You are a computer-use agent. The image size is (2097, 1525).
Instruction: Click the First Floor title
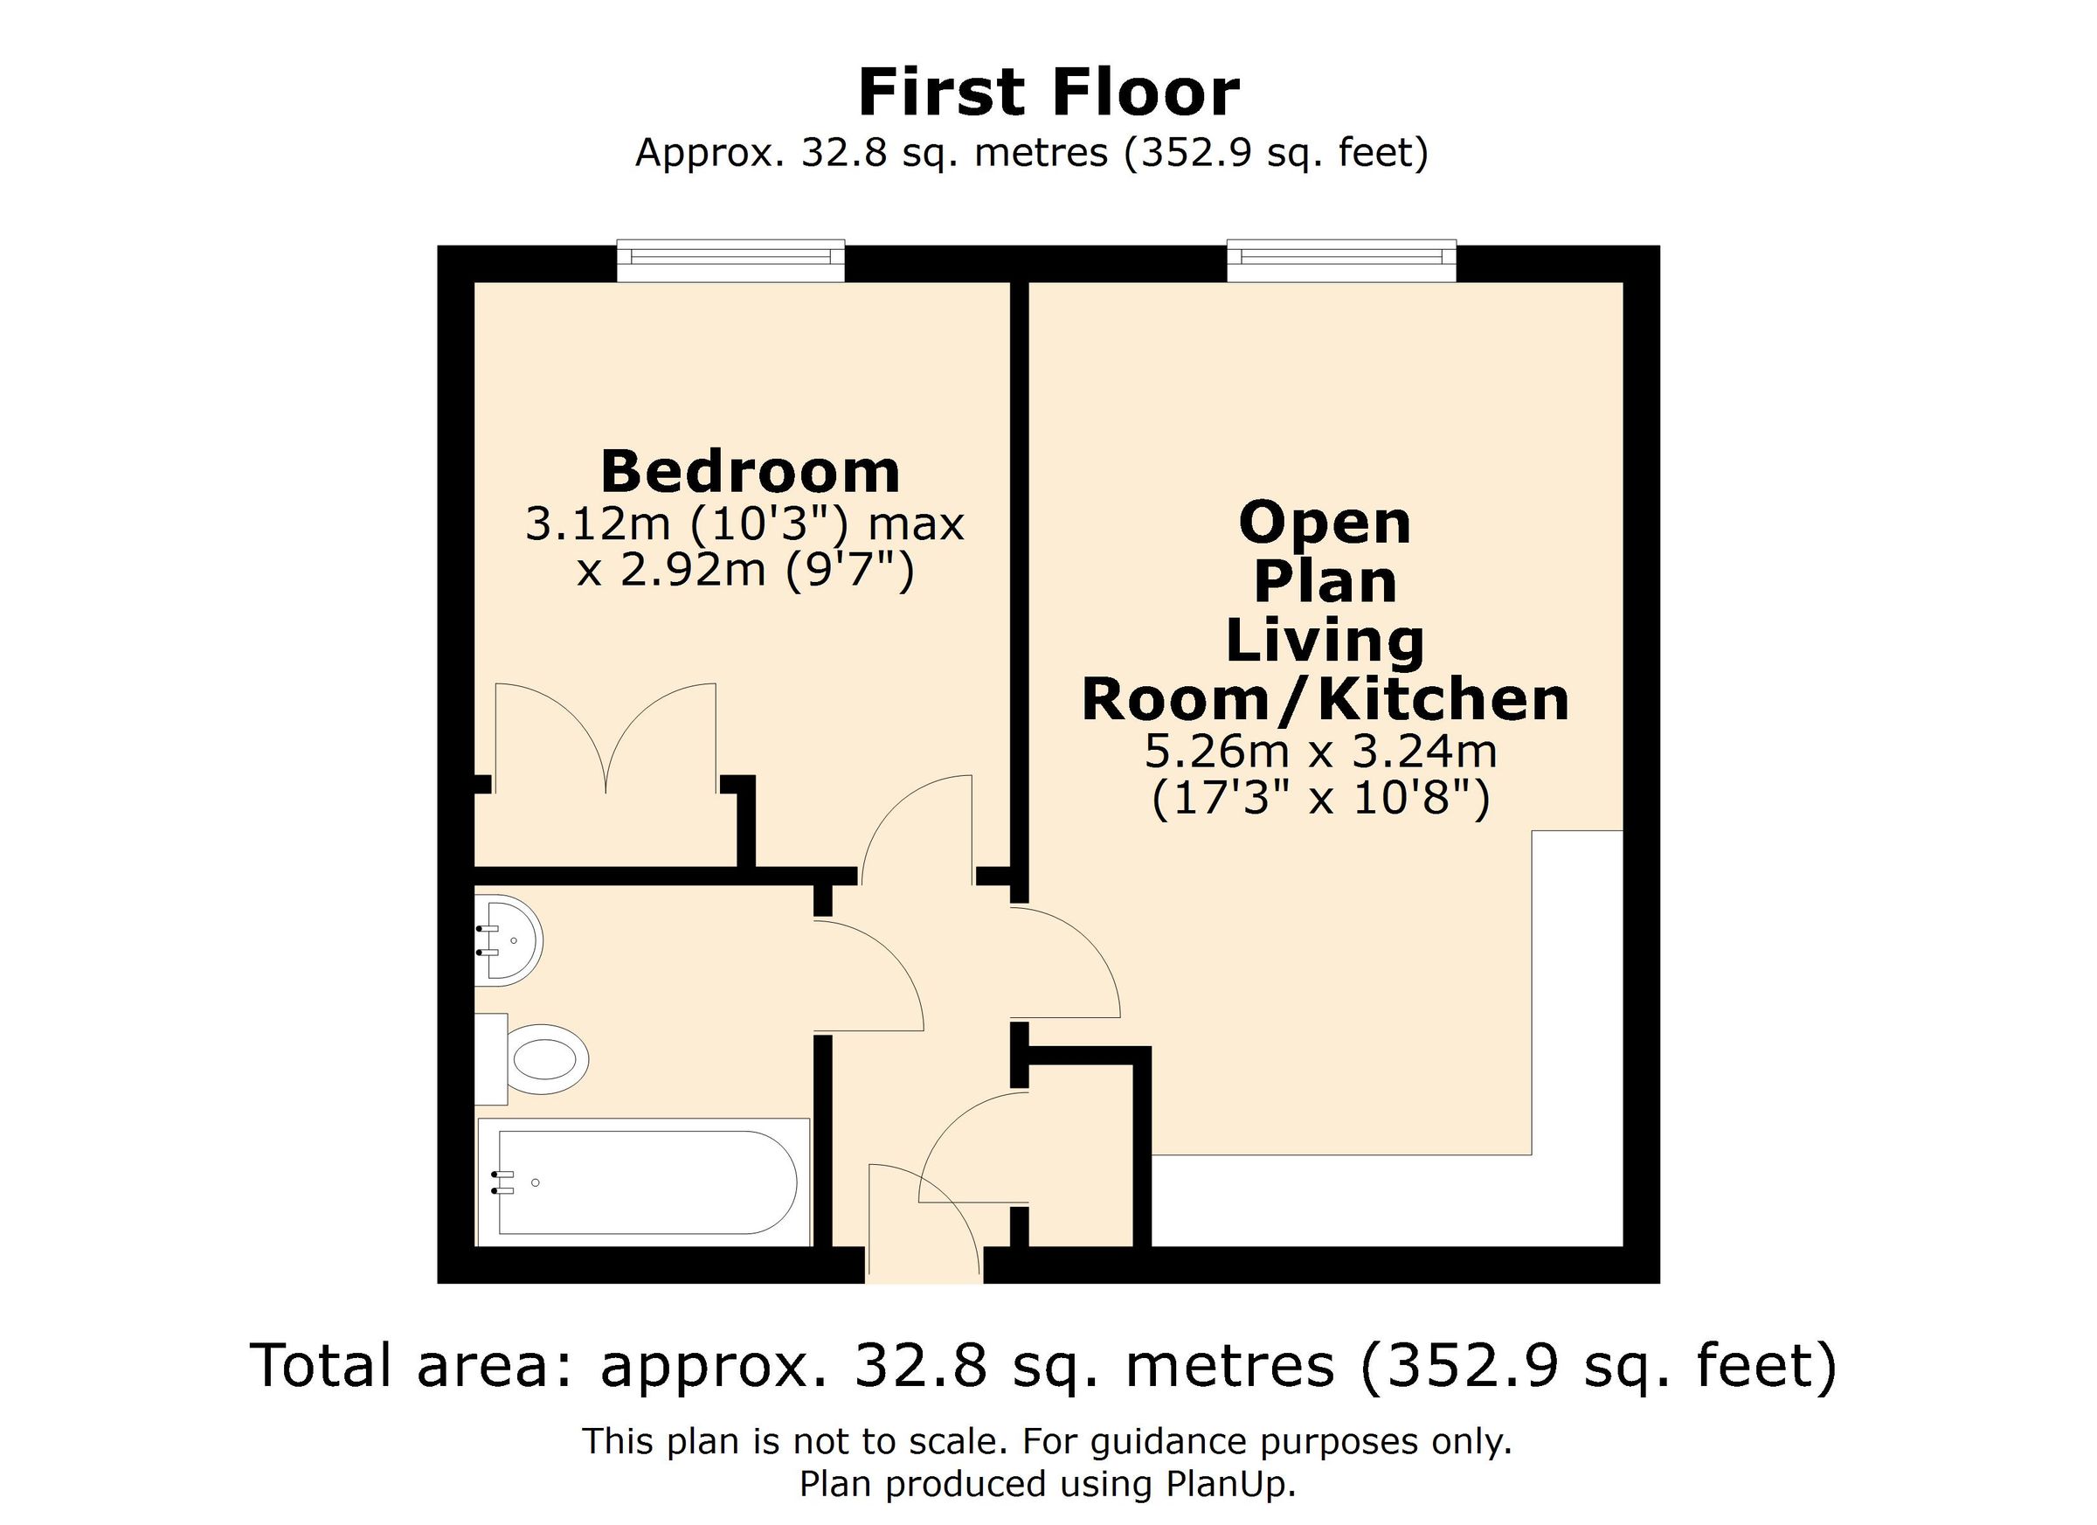(x=1048, y=94)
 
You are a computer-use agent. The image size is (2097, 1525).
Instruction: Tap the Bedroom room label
(x=750, y=473)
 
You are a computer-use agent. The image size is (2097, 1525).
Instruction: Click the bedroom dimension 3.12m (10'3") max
(x=744, y=524)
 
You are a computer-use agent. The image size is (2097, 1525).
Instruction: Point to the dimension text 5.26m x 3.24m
(x=1320, y=751)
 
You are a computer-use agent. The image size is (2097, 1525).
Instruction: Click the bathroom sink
(x=511, y=940)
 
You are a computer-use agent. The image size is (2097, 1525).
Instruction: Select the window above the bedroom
(x=730, y=260)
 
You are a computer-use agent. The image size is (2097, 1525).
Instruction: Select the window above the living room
(x=1340, y=260)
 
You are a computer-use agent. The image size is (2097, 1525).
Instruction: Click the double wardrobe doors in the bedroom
(x=606, y=740)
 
